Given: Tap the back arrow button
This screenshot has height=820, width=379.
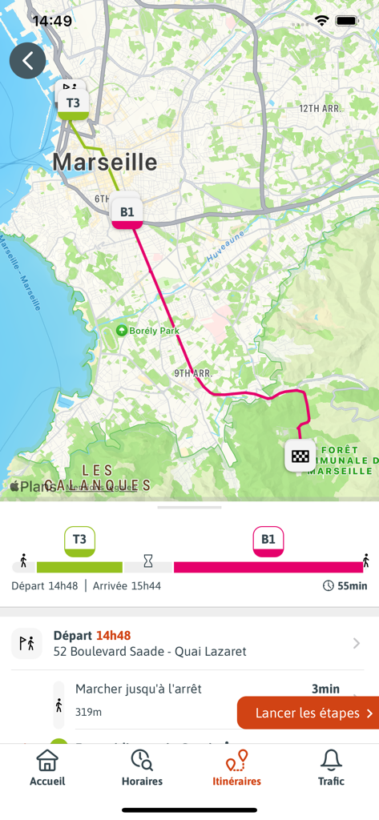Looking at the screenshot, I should pos(28,61).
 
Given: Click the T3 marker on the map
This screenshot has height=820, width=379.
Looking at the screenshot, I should pos(73,102).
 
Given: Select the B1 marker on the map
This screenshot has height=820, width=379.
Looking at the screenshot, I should pos(127,212).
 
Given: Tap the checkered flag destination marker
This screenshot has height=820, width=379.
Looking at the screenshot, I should pos(300,456).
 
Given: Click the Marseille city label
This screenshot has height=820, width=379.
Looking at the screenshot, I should pos(105,163).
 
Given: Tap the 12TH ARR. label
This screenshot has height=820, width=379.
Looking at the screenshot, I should pos(320,108).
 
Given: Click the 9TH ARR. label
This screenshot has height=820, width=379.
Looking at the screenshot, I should pos(192,373).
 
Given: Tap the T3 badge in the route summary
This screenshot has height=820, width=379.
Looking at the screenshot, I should pos(79,541).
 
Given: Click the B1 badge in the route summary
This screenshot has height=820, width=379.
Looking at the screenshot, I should pos(268,541).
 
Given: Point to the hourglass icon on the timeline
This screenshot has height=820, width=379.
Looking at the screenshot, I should pos(148,561).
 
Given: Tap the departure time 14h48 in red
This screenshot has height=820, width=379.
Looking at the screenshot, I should pos(113,636).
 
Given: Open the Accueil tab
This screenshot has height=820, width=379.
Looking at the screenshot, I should pos(47,768).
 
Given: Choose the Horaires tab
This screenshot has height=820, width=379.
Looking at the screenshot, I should pos(142,768).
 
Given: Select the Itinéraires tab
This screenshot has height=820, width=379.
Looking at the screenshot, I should pos(236,768).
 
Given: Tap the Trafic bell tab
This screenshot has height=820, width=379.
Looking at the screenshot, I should pos(331,768).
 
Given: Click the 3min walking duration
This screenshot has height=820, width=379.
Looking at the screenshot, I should pos(325,689).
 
